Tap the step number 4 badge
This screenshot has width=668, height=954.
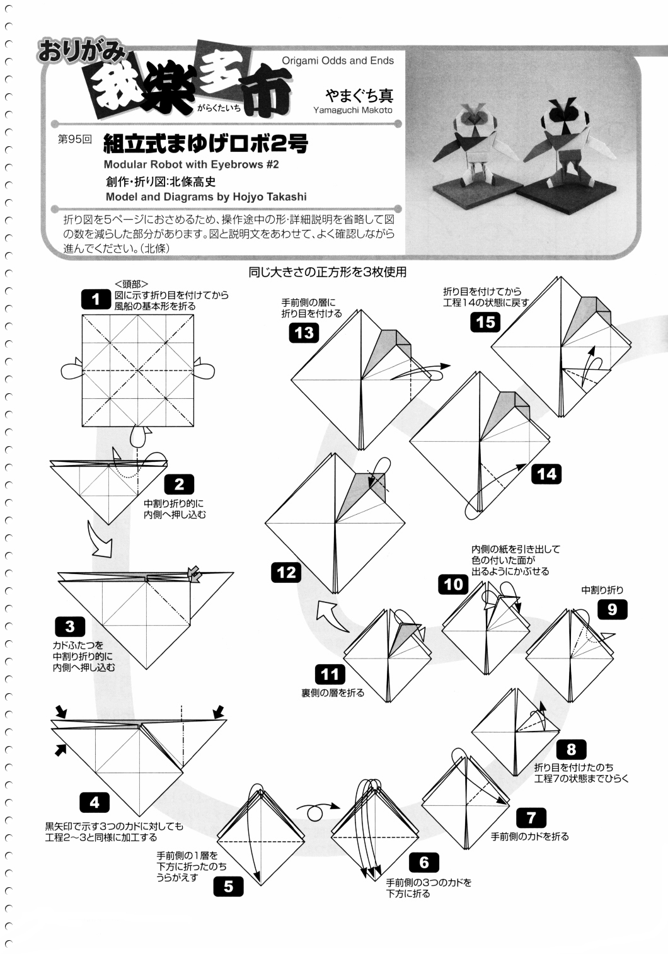(95, 802)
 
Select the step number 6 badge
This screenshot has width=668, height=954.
(423, 861)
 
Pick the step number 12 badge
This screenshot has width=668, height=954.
(286, 572)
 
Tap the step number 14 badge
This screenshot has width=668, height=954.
(546, 473)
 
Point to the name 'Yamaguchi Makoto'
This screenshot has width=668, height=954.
(352, 110)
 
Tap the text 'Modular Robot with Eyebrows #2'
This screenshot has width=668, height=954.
(192, 164)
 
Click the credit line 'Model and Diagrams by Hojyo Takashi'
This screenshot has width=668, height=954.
(206, 197)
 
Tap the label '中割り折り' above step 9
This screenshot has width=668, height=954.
(602, 590)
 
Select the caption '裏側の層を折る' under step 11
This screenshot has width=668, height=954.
(333, 693)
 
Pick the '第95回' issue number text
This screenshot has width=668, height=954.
(74, 139)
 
